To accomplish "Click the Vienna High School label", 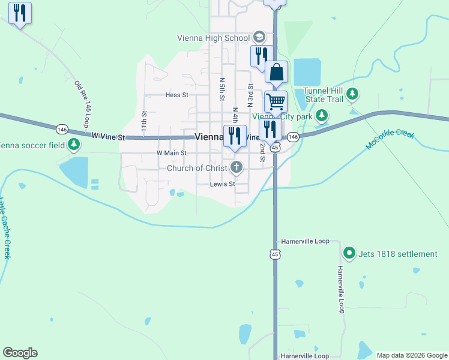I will pos(213,38).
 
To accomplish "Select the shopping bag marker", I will pos(276,73).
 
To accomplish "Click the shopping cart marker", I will pos(276,101).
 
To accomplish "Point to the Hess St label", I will pos(176,95).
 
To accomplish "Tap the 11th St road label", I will pos(144,122).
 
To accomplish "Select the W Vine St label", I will pos(107,137).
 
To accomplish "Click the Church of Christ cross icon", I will pos(237,168).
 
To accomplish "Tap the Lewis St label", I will pos(222,184).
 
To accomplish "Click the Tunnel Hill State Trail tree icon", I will pos(353,94).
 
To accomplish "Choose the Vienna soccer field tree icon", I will pos(74,144).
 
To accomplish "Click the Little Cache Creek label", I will pos(5,228).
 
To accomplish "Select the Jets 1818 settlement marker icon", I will pos(350,254).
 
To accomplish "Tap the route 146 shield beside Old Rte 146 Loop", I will pos(61,129).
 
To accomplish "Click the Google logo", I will pos(20,353).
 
